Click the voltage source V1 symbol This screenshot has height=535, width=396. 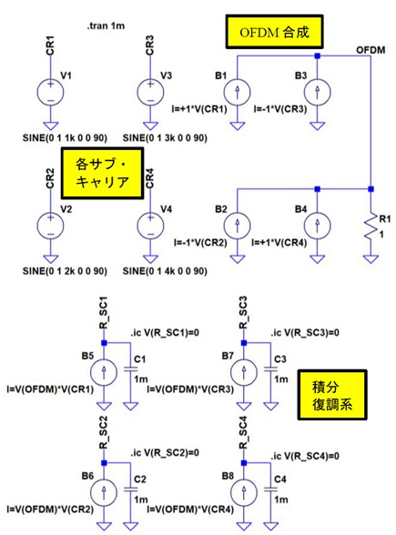tap(50, 92)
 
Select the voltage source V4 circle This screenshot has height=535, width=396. tap(150, 226)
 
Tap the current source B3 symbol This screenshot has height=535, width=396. tap(317, 92)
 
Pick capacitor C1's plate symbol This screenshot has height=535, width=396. tap(131, 369)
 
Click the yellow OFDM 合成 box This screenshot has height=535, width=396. tap(274, 32)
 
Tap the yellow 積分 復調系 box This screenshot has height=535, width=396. tap(332, 395)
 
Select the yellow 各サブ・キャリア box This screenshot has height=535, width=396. tap(102, 173)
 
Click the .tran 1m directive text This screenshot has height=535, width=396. tap(106, 25)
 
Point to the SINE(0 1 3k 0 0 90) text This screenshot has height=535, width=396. tap(165, 138)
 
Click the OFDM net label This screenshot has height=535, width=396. tap(371, 50)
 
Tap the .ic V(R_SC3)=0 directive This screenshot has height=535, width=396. tap(305, 333)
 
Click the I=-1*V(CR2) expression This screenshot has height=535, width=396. tap(200, 243)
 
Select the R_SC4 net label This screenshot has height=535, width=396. tap(243, 433)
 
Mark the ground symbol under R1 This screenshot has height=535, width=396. tap(371, 259)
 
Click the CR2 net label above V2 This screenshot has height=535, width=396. tap(50, 178)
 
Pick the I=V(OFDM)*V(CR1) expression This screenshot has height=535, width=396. tap(50, 389)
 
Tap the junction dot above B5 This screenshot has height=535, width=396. tap(104, 342)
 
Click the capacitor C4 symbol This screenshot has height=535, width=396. tap(270, 490)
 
